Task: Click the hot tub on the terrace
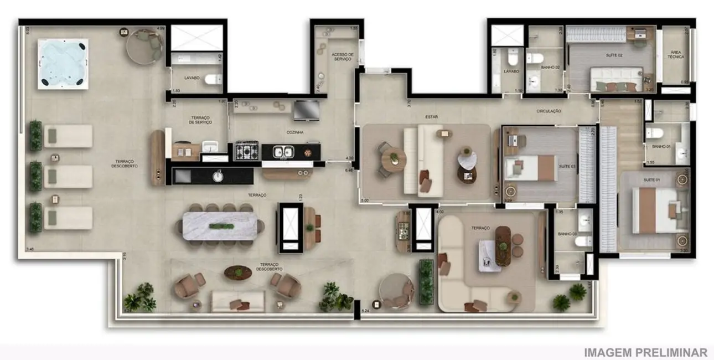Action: coord(63,64)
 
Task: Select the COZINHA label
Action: coord(294,132)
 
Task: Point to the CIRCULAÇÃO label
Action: coord(549,111)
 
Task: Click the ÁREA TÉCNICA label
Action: coord(675,54)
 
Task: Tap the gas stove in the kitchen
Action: coord(247,151)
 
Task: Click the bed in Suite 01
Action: coord(656,210)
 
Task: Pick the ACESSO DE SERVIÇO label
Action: coord(342,56)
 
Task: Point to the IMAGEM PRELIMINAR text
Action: coord(645,352)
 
